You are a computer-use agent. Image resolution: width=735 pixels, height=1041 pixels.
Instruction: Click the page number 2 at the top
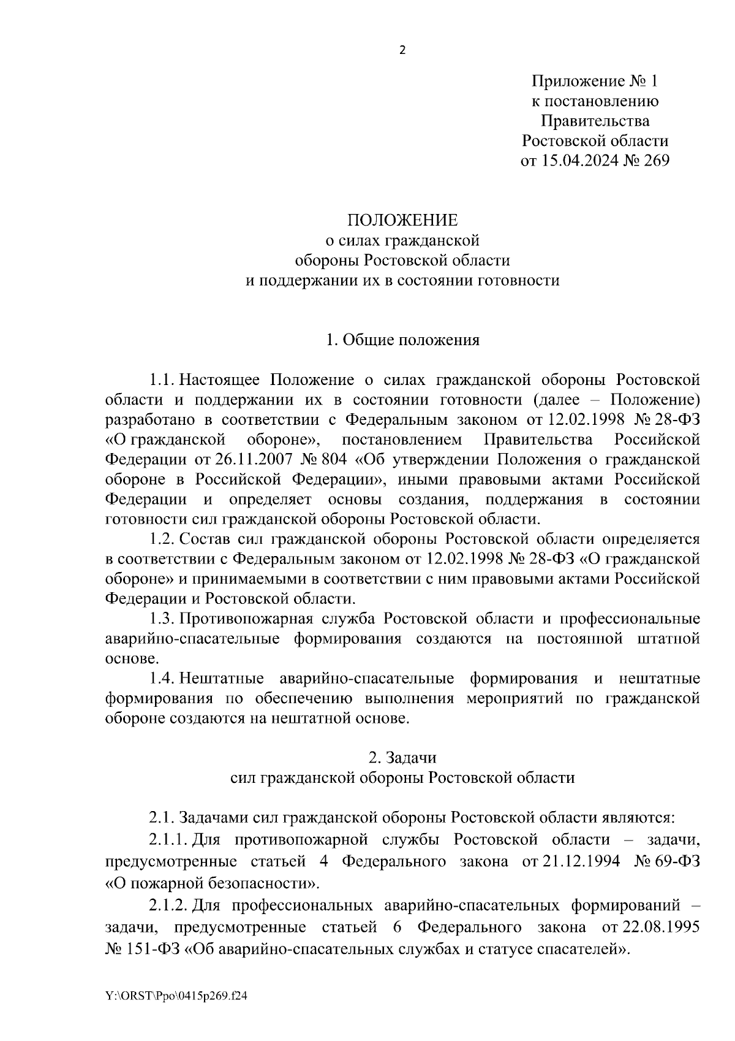tap(402, 50)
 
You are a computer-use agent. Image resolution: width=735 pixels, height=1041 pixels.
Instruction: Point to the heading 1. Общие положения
tap(402, 340)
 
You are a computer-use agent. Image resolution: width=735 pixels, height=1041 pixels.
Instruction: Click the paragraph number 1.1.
tap(162, 380)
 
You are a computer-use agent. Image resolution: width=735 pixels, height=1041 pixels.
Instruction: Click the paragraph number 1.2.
tap(162, 539)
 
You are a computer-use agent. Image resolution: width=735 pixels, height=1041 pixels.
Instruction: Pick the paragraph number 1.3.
tap(162, 619)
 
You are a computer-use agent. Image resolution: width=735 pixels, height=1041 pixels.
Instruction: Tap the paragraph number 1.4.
tap(162, 679)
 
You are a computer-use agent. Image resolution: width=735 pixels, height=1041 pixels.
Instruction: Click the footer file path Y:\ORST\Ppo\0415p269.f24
tap(176, 997)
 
